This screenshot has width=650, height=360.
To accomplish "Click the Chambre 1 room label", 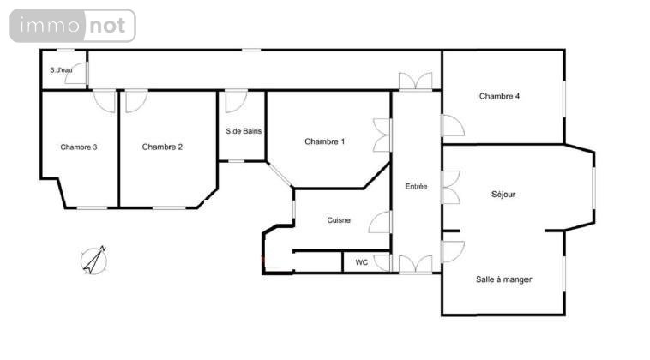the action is pyautogui.click(x=325, y=141).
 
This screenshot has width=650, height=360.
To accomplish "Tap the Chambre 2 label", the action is pyautogui.click(x=162, y=147).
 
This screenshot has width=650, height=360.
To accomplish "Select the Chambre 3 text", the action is pyautogui.click(x=79, y=147).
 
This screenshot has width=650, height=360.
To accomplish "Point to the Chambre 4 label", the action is pyautogui.click(x=500, y=96).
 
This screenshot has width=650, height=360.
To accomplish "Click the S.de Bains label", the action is pyautogui.click(x=244, y=131).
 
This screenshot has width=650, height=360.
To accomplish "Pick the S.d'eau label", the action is pyautogui.click(x=62, y=70).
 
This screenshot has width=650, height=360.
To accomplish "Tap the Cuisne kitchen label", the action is pyautogui.click(x=339, y=220).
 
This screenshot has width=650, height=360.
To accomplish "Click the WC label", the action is pyautogui.click(x=362, y=262).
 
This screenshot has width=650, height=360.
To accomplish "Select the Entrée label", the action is pyautogui.click(x=416, y=186).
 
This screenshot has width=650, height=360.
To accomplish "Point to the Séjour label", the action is pyautogui.click(x=503, y=194).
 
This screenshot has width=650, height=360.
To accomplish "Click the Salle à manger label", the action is pyautogui.click(x=503, y=279).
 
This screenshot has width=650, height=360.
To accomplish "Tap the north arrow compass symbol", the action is pyautogui.click(x=94, y=261).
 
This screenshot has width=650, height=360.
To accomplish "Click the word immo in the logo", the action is pyautogui.click(x=50, y=26).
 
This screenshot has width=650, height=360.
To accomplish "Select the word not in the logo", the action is pyautogui.click(x=107, y=26).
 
